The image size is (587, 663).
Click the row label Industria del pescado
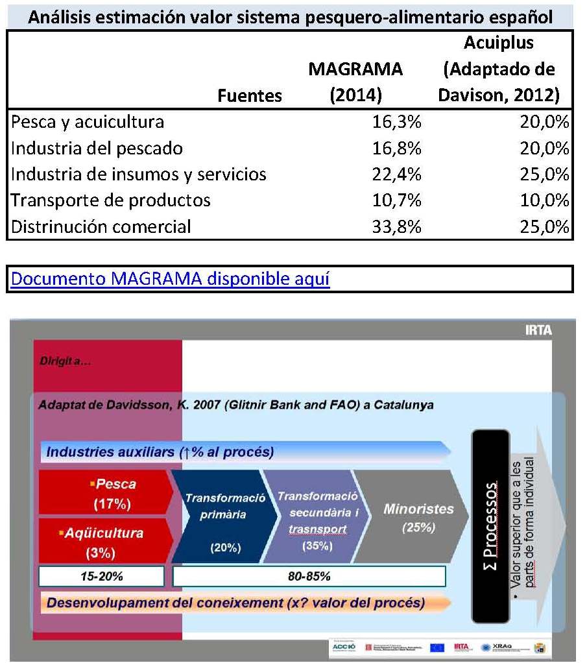click(97, 149)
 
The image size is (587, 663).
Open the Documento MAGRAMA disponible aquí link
click(171, 280)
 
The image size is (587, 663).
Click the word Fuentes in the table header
click(250, 96)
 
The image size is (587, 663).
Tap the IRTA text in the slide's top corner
click(538, 330)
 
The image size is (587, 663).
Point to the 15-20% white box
click(101, 575)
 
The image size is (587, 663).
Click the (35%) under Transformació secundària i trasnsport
click(317, 546)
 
